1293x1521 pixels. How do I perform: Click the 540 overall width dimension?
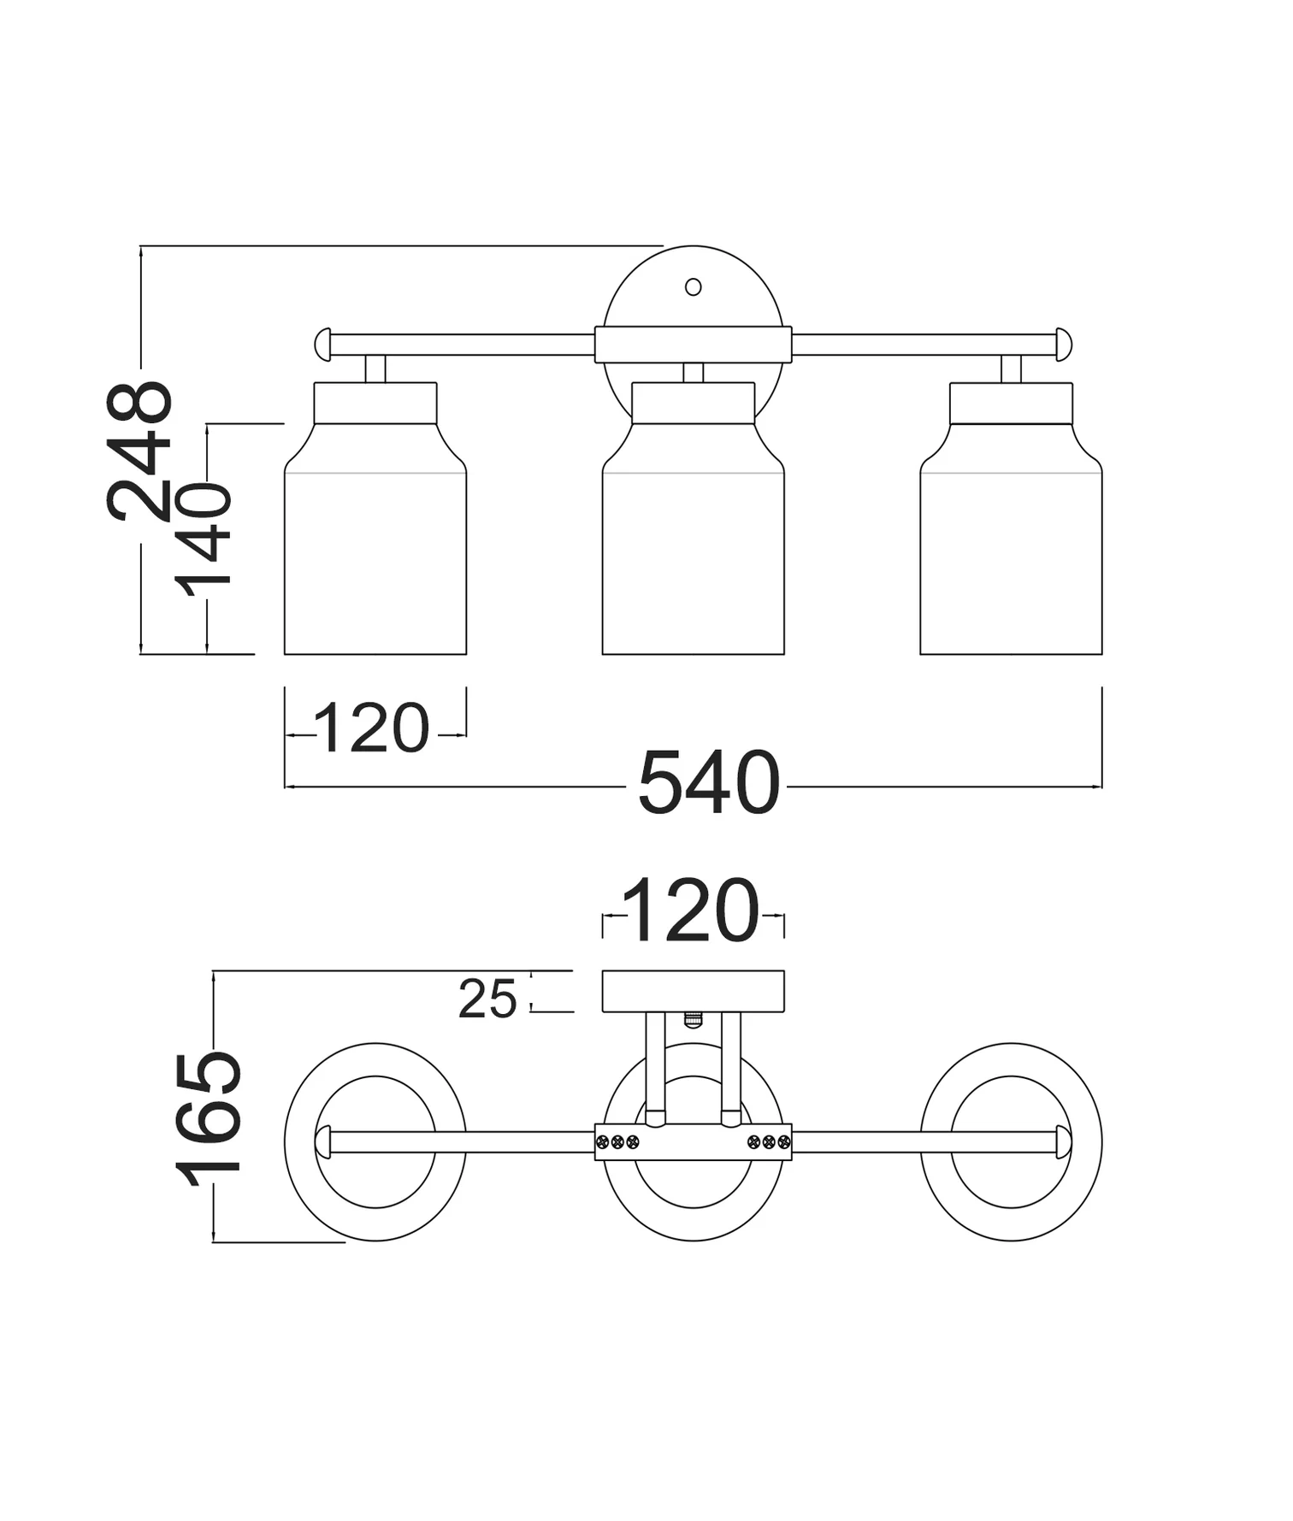click(709, 782)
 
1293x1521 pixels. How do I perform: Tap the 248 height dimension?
click(139, 451)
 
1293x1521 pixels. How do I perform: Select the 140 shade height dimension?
click(204, 539)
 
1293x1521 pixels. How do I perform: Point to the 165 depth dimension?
click(209, 1118)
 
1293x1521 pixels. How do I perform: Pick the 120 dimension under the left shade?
click(372, 728)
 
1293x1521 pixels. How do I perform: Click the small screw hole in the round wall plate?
click(694, 287)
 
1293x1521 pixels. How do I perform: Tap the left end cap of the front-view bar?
click(322, 345)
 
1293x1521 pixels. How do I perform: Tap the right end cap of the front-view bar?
click(1064, 345)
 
